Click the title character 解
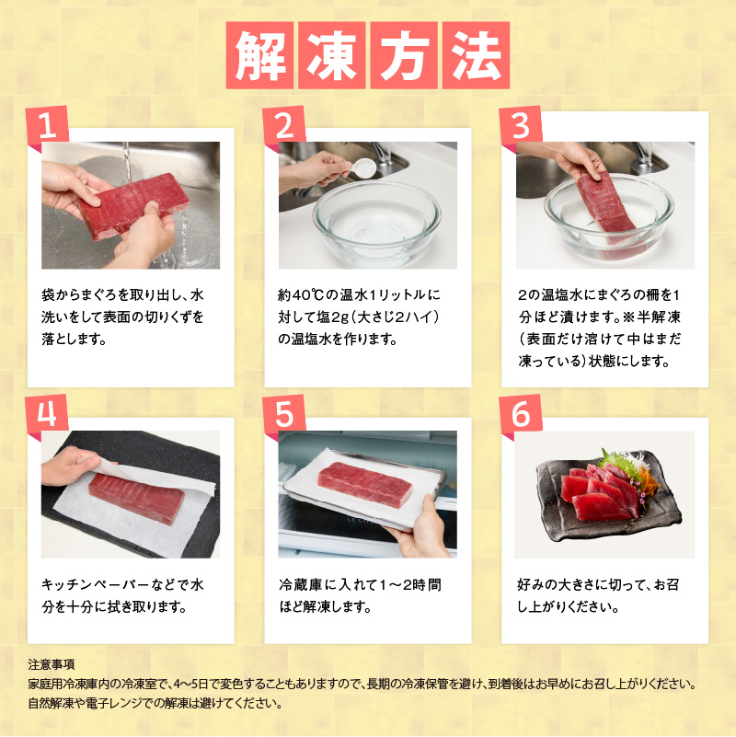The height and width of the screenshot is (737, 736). (x=259, y=55)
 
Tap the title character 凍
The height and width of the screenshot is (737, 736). (x=332, y=55)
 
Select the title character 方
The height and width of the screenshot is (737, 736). (x=404, y=55)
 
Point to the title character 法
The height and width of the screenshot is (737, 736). (x=476, y=55)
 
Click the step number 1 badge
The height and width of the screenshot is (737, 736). (x=48, y=124)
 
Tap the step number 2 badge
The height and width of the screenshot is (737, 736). (x=284, y=124)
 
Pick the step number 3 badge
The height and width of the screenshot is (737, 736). (x=522, y=124)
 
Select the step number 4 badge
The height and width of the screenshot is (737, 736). (x=48, y=414)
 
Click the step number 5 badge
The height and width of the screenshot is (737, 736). (x=284, y=414)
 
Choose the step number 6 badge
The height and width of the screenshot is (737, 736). (x=522, y=414)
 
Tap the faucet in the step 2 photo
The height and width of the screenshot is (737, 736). (x=382, y=153)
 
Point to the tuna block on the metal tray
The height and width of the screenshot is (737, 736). (x=364, y=485)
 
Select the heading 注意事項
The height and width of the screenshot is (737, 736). (x=52, y=664)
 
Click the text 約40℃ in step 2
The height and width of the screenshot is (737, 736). (x=300, y=295)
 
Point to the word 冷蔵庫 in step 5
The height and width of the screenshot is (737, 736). (x=301, y=585)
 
